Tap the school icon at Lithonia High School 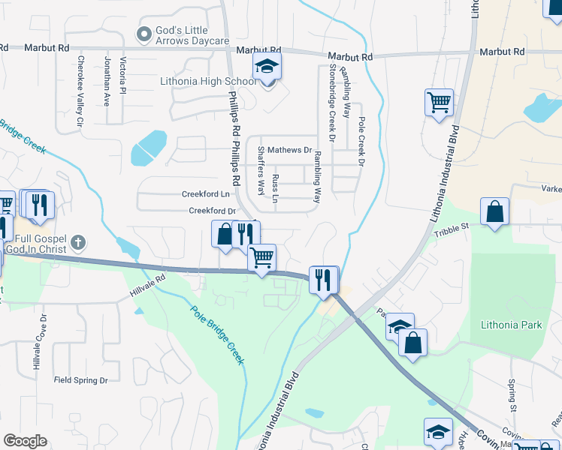click(266, 67)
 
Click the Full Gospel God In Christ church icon click(78, 243)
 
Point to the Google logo click(25, 441)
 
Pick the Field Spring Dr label click(86, 380)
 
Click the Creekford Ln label click(204, 193)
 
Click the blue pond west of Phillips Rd click(149, 147)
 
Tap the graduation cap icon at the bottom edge click(438, 431)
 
